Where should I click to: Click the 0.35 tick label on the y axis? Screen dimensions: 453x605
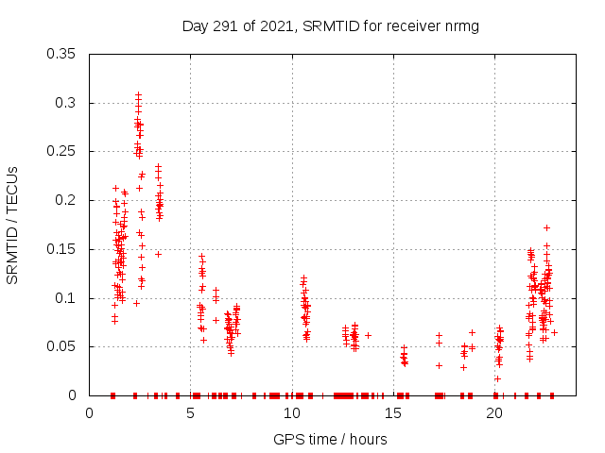(62, 54)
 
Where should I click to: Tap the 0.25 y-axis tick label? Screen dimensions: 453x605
(62, 151)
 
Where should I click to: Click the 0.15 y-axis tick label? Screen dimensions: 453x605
(62, 249)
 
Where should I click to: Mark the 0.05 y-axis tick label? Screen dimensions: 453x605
(62, 346)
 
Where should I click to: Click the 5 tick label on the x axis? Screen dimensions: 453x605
(191, 413)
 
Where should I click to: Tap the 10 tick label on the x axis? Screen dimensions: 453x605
(292, 413)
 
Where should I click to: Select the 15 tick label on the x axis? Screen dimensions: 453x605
(393, 413)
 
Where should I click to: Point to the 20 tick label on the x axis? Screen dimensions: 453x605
(494, 413)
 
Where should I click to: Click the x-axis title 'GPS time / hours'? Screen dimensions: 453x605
(330, 439)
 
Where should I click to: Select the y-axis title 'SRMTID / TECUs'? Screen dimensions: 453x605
(13, 225)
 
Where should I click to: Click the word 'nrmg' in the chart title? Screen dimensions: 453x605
(462, 26)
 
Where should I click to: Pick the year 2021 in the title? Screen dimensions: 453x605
(273, 26)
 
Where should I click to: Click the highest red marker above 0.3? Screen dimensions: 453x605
(138, 94)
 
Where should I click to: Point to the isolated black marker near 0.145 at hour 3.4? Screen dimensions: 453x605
(158, 254)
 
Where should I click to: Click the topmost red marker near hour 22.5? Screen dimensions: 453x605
(546, 227)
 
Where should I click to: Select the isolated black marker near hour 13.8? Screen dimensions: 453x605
(368, 335)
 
